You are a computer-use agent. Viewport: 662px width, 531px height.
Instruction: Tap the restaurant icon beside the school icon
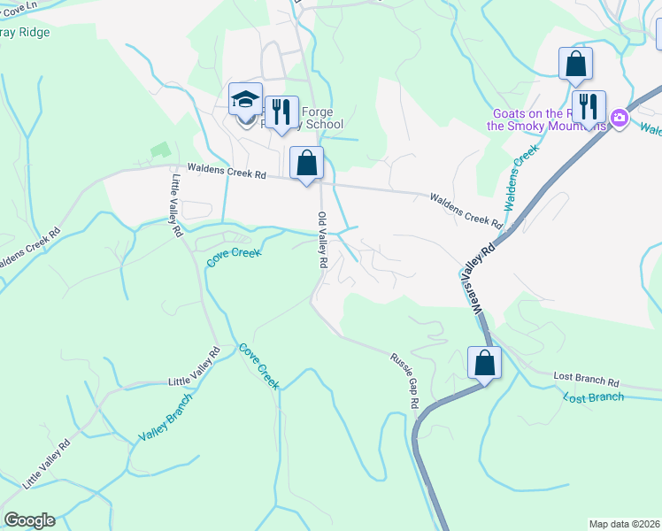pos(281,112)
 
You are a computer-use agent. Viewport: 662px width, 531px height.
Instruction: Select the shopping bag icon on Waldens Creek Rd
pos(307,164)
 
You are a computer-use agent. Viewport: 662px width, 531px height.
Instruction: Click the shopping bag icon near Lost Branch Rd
pos(484,363)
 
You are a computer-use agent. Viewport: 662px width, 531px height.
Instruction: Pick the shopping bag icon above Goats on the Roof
pos(575,65)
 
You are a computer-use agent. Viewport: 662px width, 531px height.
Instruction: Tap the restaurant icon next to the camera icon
pos(589,107)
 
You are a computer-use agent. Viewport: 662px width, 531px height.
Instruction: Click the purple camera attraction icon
pos(620,119)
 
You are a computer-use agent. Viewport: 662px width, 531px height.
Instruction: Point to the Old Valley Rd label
pos(323,241)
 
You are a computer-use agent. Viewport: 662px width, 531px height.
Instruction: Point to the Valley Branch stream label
pos(165,424)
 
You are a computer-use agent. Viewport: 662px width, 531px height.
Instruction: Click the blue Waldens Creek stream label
pos(521,177)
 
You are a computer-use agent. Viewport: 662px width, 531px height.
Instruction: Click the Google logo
pos(29,520)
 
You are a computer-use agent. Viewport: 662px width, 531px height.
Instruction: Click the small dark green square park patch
pos(159,152)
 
